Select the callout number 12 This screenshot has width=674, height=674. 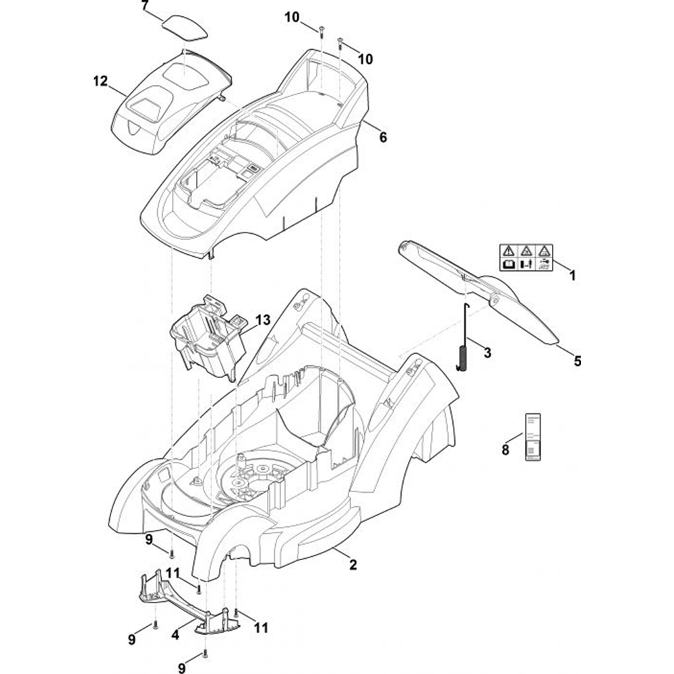(100, 82)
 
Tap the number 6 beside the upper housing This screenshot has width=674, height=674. (383, 137)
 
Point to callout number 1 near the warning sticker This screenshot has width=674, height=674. (572, 275)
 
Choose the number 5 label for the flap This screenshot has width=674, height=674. (577, 361)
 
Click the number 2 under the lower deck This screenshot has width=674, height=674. (353, 565)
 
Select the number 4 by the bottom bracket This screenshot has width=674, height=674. (175, 634)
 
